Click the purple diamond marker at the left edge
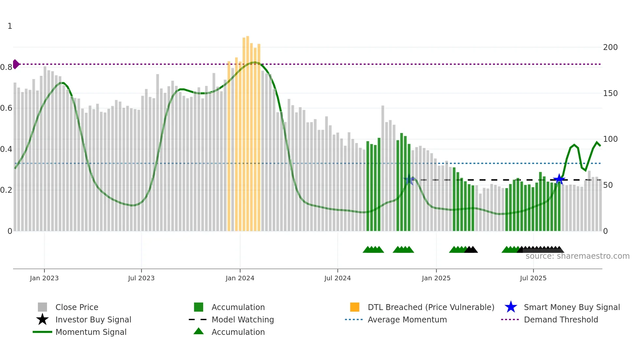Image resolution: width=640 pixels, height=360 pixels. pyautogui.click(x=16, y=64)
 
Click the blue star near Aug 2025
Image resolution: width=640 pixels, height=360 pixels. pyautogui.click(x=559, y=179)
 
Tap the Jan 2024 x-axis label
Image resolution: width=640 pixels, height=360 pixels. pyautogui.click(x=240, y=278)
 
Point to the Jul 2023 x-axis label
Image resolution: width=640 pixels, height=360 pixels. pyautogui.click(x=141, y=278)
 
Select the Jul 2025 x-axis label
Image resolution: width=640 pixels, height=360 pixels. pyautogui.click(x=533, y=278)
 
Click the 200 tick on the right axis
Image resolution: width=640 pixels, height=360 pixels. pyautogui.click(x=610, y=47)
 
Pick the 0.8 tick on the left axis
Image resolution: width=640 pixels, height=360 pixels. pyautogui.click(x=6, y=67)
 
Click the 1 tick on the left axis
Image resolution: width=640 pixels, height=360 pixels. pyautogui.click(x=10, y=26)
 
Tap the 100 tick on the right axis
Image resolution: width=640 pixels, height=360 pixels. pyautogui.click(x=610, y=139)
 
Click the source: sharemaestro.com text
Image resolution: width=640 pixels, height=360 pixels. pyautogui.click(x=577, y=256)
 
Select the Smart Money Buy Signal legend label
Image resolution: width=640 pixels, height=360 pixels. pyautogui.click(x=572, y=307)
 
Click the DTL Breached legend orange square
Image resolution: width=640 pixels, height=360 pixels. pyautogui.click(x=355, y=307)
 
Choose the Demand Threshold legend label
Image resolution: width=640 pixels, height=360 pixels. pyautogui.click(x=561, y=319)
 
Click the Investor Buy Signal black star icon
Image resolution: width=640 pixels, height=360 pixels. pyautogui.click(x=42, y=319)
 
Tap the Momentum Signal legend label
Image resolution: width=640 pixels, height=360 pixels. pyautogui.click(x=91, y=332)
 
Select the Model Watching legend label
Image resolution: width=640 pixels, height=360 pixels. pyautogui.click(x=243, y=319)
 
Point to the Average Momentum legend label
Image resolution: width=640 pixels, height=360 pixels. pyautogui.click(x=407, y=319)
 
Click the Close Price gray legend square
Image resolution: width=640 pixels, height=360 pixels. pyautogui.click(x=42, y=307)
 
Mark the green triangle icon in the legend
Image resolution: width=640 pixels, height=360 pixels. pyautogui.click(x=199, y=331)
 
